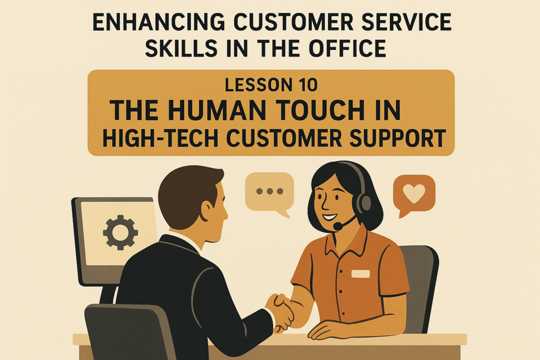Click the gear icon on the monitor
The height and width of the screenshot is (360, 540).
pos(120,232)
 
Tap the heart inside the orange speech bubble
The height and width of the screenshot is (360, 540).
pos(414,193)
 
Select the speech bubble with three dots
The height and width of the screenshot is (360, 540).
pos(269,193)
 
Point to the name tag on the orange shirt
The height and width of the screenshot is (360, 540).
pos(361,274)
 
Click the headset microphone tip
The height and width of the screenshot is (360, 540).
pos(338,227)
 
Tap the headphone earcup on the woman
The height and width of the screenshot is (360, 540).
pos(364,202)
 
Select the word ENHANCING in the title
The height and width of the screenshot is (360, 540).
pos(159,23)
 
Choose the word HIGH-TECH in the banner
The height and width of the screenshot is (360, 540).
pos(160,138)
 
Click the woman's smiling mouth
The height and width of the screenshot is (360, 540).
pos(329,218)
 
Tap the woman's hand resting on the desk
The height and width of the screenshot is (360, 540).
pos(327,330)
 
